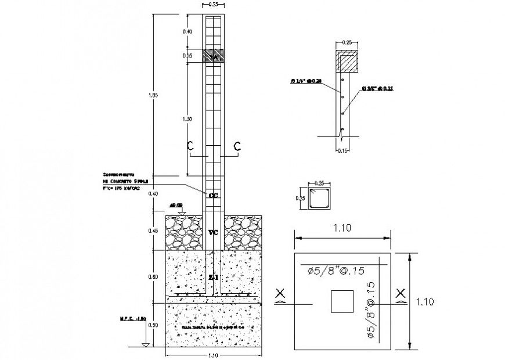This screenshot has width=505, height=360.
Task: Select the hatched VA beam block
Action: click(x=213, y=56)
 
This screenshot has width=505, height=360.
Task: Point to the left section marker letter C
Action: click(x=190, y=147)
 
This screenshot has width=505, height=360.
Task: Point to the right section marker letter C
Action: click(x=237, y=147)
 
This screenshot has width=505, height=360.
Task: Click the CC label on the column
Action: click(x=213, y=196)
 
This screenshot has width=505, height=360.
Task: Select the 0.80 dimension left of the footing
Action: click(x=154, y=276)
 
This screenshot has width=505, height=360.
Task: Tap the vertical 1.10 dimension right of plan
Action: click(x=425, y=301)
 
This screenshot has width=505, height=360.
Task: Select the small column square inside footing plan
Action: click(x=340, y=301)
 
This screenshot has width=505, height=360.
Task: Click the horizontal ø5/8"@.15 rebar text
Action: click(x=335, y=270)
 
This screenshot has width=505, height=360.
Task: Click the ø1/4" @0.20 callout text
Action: click(x=307, y=81)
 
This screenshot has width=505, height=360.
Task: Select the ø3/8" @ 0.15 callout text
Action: click(x=377, y=89)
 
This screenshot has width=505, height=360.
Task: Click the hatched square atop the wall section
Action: click(x=346, y=59)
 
